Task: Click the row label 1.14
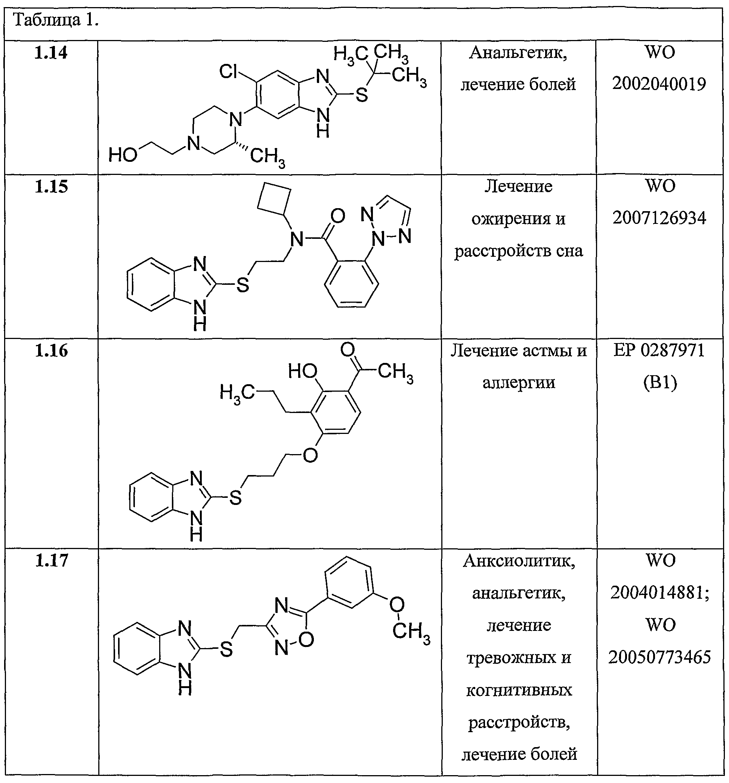[x=51, y=53]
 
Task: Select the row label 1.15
[x=51, y=187]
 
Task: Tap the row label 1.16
[x=51, y=351]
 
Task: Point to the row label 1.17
[x=52, y=561]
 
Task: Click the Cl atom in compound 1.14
[x=229, y=72]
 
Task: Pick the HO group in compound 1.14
[x=123, y=155]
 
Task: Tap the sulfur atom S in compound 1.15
[x=243, y=284]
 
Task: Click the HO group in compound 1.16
[x=302, y=371]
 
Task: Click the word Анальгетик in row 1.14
[x=518, y=53]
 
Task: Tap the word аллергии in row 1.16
[x=519, y=382]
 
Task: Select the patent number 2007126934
[x=659, y=218]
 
